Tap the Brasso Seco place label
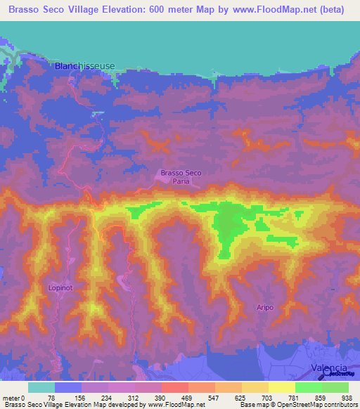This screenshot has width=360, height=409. pos(181,172)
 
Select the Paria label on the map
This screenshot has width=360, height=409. pos(181,181)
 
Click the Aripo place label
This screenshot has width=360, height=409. pos(264,308)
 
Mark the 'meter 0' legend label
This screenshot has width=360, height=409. pos(14,397)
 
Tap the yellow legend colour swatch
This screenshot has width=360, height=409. pos(281,387)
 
